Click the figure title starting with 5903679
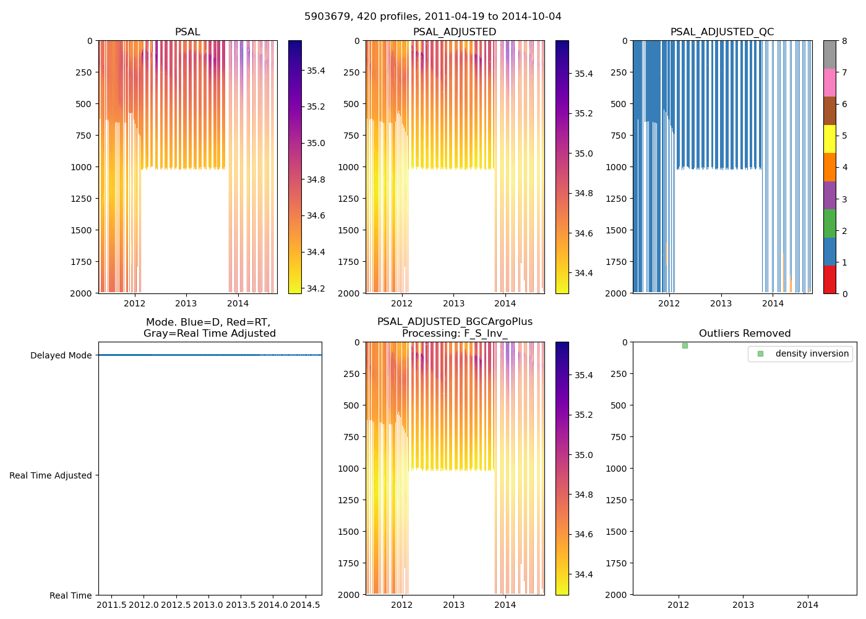pyautogui.click(x=433, y=17)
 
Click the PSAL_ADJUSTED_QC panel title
pyautogui.click(x=722, y=32)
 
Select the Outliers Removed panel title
pyautogui.click(x=744, y=334)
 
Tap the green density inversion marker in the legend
pyautogui.click(x=760, y=354)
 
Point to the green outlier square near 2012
pyautogui.click(x=685, y=345)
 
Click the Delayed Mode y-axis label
pyautogui.click(x=61, y=355)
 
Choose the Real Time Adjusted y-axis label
pyautogui.click(x=51, y=475)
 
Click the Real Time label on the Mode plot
pyautogui.click(x=71, y=595)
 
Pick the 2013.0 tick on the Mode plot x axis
pyautogui.click(x=208, y=604)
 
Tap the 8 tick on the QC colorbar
pyautogui.click(x=844, y=41)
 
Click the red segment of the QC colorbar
pyautogui.click(x=830, y=279)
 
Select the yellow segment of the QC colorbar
pyautogui.click(x=830, y=139)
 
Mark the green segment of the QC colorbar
pyautogui.click(x=830, y=223)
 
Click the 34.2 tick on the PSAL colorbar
pyautogui.click(x=316, y=288)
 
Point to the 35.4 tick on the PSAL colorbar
pyautogui.click(x=316, y=71)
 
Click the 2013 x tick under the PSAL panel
pyautogui.click(x=186, y=303)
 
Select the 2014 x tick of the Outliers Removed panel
pyautogui.click(x=807, y=605)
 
